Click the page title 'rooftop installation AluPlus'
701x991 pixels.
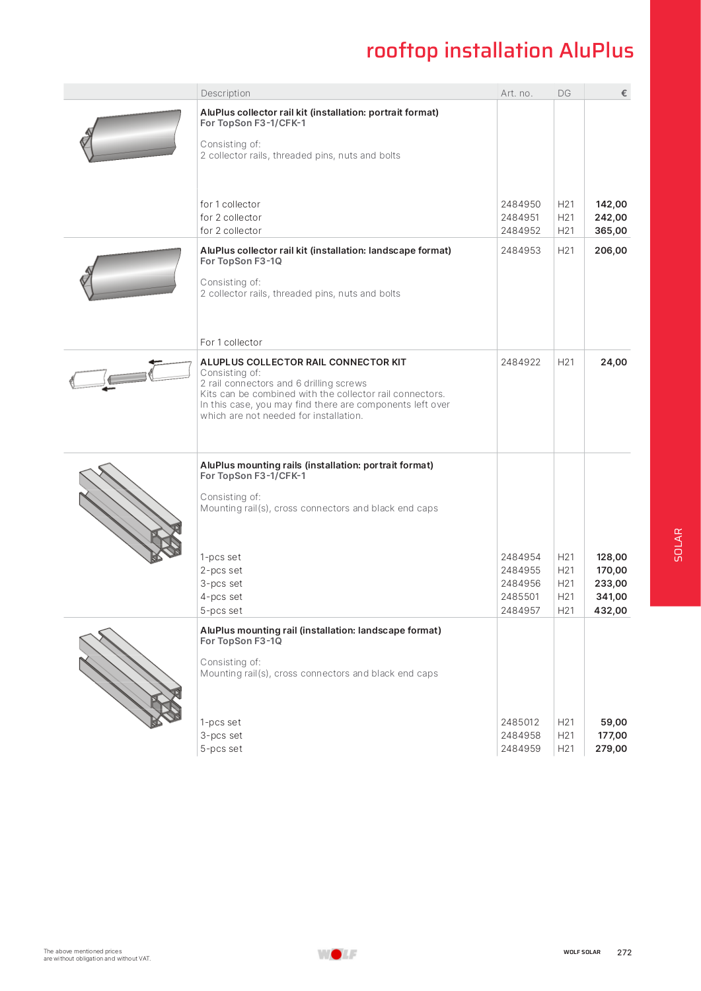[499, 51]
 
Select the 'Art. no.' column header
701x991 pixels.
[517, 93]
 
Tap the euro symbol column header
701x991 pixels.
[624, 93]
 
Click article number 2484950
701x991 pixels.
[521, 204]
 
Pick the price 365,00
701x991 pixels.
[610, 231]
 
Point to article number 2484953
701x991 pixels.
[521, 250]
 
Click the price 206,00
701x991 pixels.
[610, 250]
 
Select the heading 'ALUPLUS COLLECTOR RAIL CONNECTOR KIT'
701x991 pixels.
[303, 362]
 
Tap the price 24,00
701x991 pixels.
[613, 362]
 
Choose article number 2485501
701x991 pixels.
[520, 597]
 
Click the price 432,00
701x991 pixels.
[610, 610]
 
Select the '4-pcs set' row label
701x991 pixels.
[221, 597]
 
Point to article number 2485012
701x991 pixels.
[520, 722]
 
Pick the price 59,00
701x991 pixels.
[613, 722]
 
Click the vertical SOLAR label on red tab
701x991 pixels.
[678, 545]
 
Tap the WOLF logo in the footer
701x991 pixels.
[337, 954]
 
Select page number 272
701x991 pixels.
[624, 953]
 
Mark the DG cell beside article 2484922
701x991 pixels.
[566, 362]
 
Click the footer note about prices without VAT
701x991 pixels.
[97, 955]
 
